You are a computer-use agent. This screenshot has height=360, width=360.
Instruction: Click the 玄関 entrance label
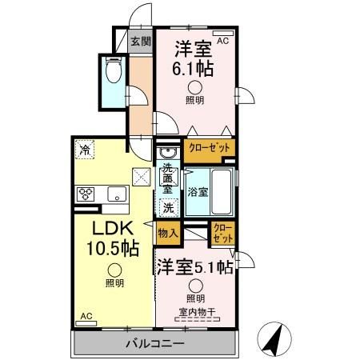[141, 41]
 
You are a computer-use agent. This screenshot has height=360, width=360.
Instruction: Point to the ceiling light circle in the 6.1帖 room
[194, 88]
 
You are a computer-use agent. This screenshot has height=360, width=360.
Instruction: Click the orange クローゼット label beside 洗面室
[210, 148]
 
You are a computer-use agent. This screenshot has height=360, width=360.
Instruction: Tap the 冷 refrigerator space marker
[83, 148]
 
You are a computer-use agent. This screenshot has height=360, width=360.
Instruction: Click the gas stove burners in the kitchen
[86, 193]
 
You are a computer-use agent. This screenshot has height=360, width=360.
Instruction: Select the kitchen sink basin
[115, 193]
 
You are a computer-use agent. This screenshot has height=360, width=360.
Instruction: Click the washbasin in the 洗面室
[168, 153]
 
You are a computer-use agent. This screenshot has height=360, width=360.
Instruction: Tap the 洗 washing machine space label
[168, 207]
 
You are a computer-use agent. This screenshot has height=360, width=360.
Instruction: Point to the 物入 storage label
[167, 234]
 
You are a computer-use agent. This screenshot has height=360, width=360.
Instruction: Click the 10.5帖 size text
[111, 249]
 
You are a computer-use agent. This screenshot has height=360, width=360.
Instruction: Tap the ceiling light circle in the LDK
[114, 270]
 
